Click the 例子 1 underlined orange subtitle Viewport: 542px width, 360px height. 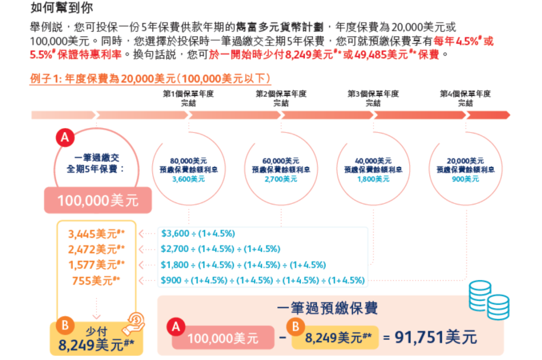point(151,79)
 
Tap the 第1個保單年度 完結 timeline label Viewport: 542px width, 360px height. point(189,98)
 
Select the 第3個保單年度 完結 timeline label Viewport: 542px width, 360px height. point(373,98)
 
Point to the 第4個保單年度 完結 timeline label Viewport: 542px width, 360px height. point(465,98)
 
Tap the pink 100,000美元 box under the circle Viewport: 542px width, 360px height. point(97,201)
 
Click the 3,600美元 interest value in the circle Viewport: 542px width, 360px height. point(189,179)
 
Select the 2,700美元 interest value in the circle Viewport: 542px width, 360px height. point(281,179)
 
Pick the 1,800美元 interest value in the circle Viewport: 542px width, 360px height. point(373,179)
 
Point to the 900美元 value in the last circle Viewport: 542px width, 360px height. point(465,179)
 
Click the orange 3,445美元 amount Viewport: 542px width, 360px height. point(96,233)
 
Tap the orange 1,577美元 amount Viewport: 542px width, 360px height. point(96,265)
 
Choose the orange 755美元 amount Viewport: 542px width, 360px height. point(96,281)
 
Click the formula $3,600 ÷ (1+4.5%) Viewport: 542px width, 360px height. point(198,233)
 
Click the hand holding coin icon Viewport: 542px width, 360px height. point(135,322)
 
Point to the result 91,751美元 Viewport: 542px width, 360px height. point(436,337)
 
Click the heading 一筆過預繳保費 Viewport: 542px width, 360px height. point(327,308)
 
